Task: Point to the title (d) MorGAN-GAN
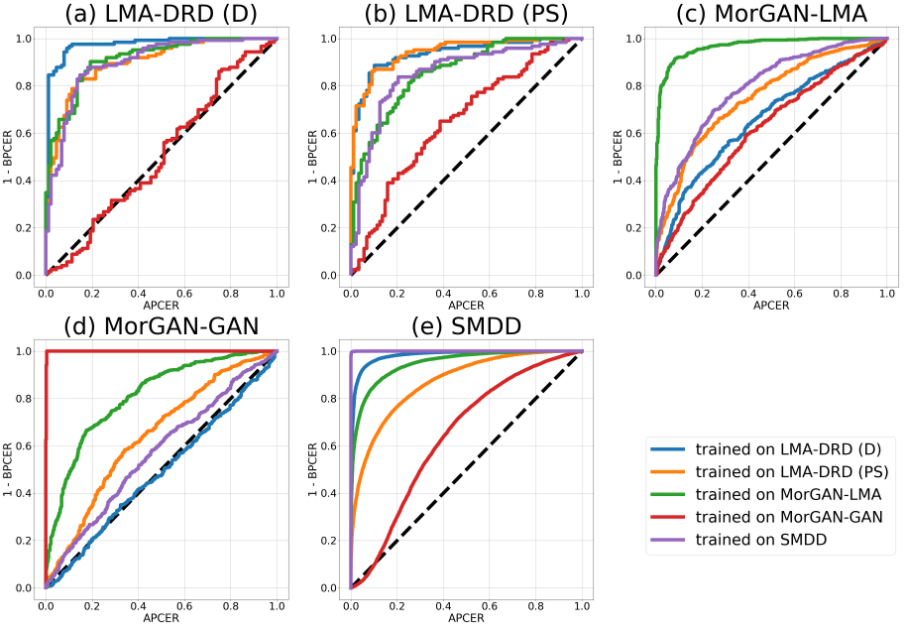point(162,328)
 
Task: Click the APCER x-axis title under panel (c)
point(771,307)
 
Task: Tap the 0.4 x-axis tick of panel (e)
point(443,604)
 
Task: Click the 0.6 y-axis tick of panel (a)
point(22,133)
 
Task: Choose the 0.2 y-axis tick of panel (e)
point(326,541)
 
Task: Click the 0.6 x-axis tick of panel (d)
point(184,604)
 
